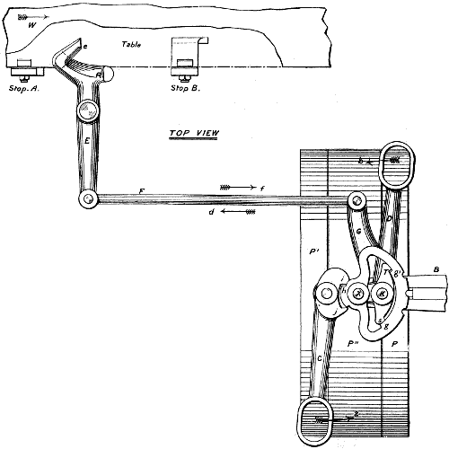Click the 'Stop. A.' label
click(26, 89)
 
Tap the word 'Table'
click(133, 42)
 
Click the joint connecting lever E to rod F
click(86, 198)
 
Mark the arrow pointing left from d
click(243, 214)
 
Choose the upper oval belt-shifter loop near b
click(395, 166)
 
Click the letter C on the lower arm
click(321, 359)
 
